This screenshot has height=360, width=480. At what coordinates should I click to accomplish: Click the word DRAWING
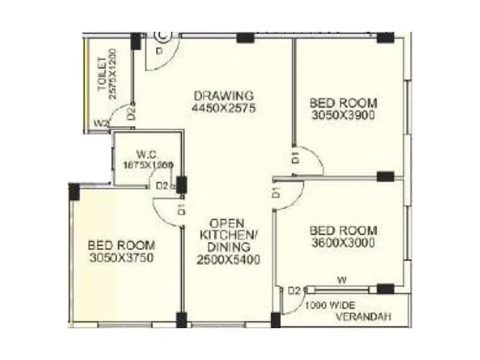coord(224,96)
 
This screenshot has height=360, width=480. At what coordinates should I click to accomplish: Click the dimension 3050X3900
coord(343,115)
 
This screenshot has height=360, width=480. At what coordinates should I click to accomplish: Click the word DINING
coord(229,247)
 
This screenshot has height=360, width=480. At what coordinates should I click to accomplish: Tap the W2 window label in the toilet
coord(101,124)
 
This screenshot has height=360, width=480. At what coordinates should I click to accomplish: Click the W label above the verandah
coord(341,278)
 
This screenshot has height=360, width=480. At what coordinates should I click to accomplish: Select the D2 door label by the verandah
coord(293,291)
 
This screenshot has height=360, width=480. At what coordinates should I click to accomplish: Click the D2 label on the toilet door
coord(132,113)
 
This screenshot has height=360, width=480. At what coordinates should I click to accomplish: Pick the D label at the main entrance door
coord(159,52)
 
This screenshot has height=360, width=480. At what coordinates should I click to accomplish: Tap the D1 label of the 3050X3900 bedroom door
coord(295,158)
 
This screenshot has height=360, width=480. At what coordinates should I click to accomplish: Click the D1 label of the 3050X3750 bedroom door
coord(180,209)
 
